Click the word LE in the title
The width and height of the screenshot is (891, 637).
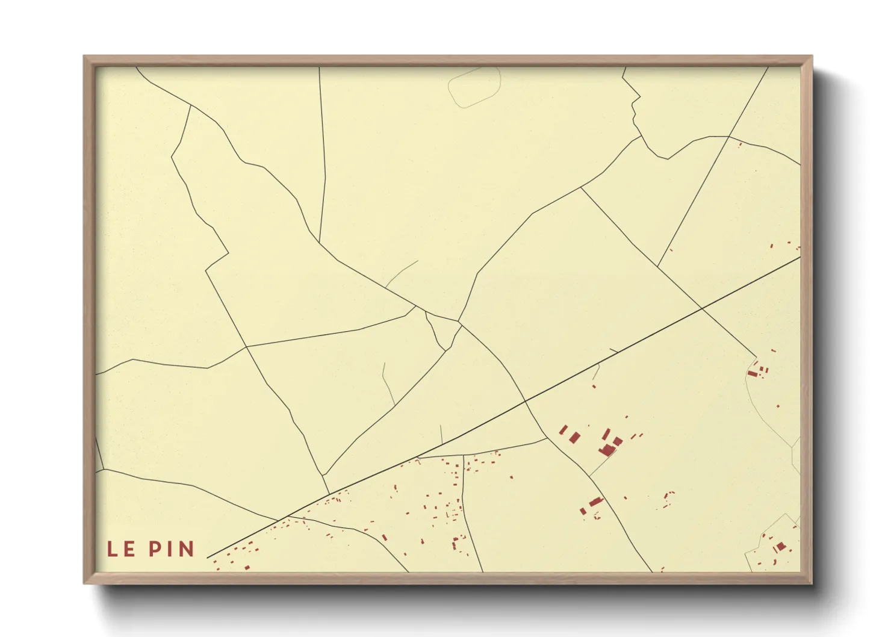tap(120, 549)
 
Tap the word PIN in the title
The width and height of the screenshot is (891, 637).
tap(172, 549)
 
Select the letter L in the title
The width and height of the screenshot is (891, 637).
tap(112, 549)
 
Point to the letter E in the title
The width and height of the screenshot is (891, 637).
tap(129, 549)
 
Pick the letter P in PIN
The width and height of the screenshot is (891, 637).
tap(155, 549)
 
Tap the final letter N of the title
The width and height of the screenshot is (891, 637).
tap(185, 549)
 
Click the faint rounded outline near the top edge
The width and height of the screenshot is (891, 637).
tap(474, 87)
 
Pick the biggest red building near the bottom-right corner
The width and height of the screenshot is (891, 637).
tap(781, 547)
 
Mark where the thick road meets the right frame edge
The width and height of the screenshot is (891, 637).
tap(800, 257)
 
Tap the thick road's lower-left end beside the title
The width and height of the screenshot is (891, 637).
tap(208, 558)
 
